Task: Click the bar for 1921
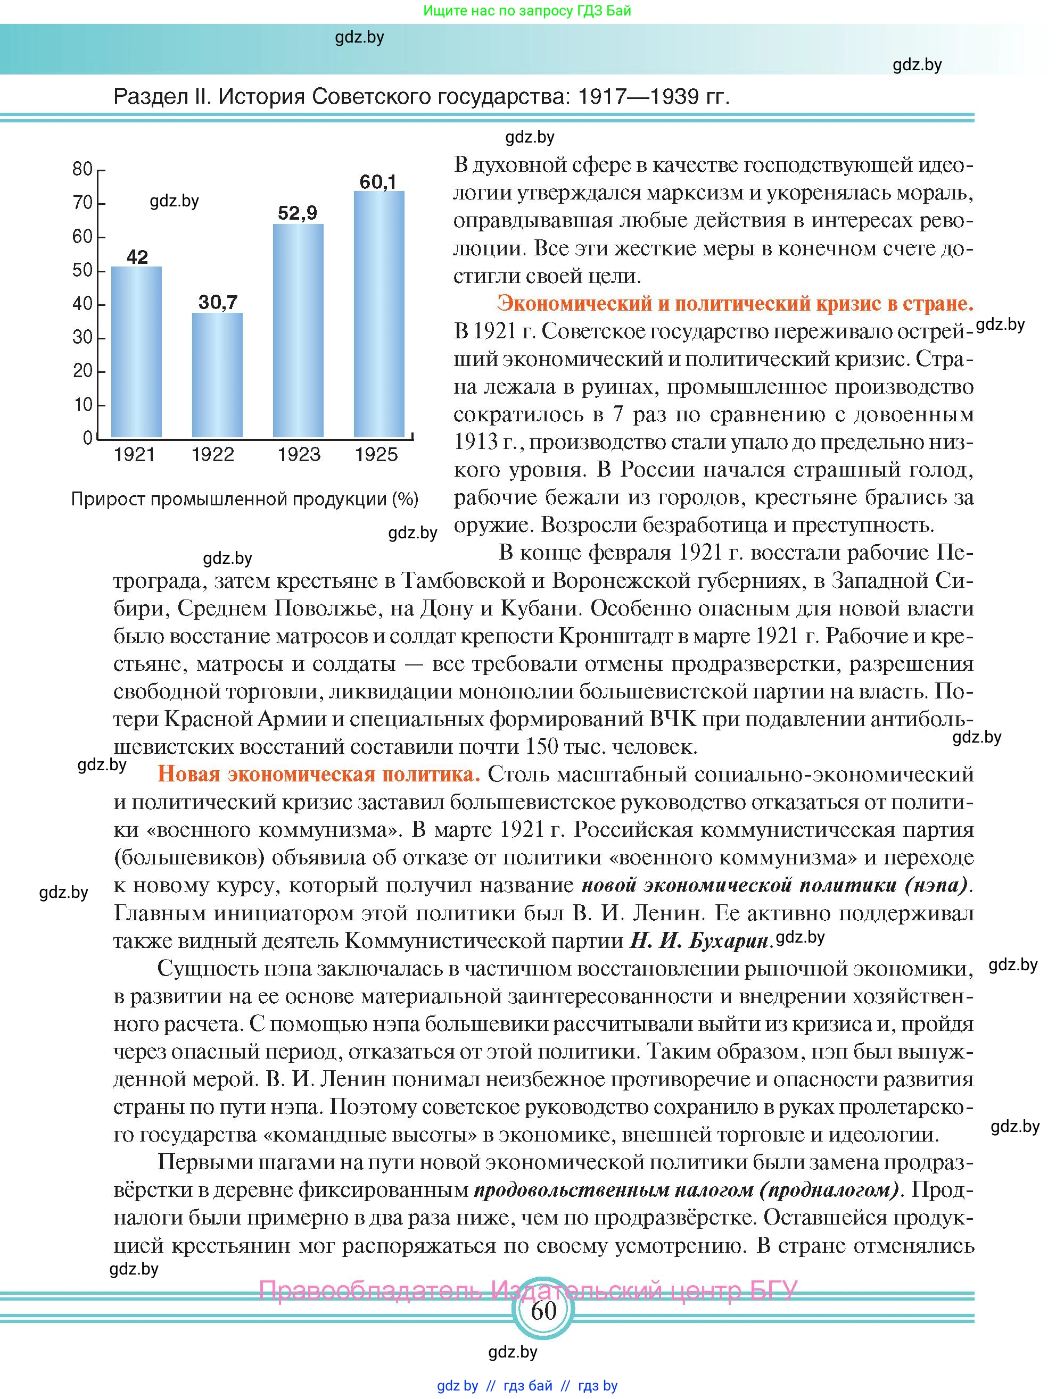pos(136,352)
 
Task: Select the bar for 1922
pos(217,375)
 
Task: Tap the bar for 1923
pos(298,330)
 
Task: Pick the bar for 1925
pos(378,314)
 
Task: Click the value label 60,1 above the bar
pos(378,182)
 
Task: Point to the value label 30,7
pos(218,302)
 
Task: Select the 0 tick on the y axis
pos(88,438)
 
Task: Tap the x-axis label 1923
pos(299,455)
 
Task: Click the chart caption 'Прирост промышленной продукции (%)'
pos(244,499)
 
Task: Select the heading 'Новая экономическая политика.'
pos(319,775)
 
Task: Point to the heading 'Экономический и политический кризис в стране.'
pos(735,304)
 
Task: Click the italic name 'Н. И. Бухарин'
pos(698,941)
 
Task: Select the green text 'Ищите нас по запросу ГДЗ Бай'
pos(526,11)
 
